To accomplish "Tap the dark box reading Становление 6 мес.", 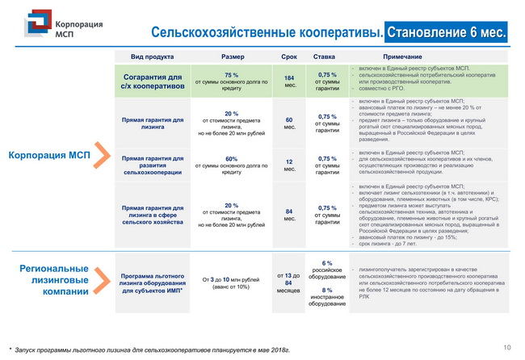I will (x=447, y=32).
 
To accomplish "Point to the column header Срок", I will (x=288, y=57).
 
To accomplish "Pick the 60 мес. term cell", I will (x=288, y=122).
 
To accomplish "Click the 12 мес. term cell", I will (x=288, y=164).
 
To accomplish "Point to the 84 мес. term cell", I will (x=288, y=216).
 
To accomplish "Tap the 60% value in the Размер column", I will (x=232, y=158).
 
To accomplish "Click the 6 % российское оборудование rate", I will (x=327, y=270).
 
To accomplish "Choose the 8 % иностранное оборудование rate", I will (x=327, y=295).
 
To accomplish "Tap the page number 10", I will (x=506, y=348).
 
